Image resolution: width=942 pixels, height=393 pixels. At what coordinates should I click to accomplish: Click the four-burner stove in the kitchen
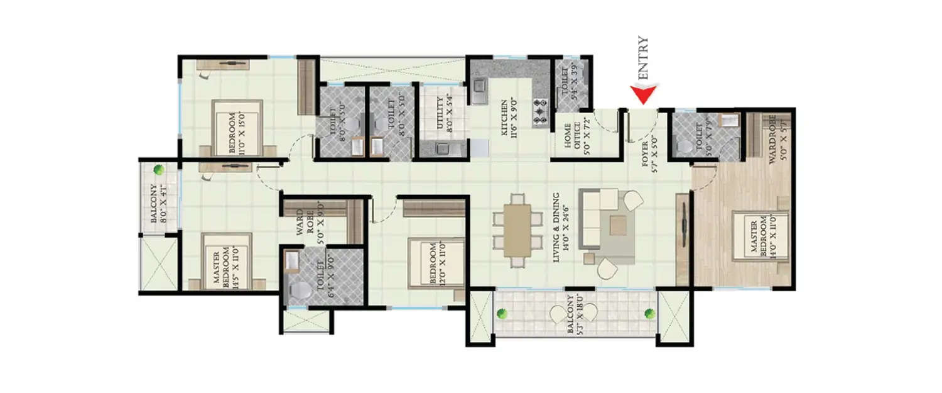pyautogui.click(x=540, y=111)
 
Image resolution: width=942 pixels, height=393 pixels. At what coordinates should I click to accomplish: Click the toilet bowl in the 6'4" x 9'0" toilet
pyautogui.click(x=300, y=291)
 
